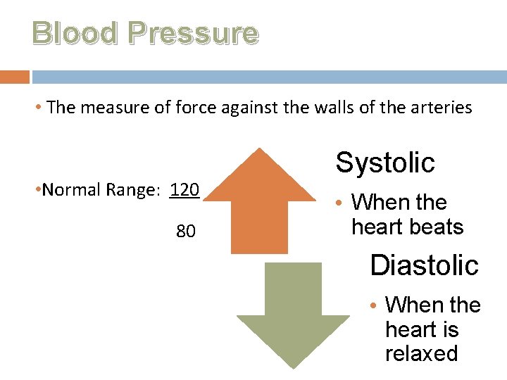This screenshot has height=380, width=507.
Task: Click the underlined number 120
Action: point(185,190)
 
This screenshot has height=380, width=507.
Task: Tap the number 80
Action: point(186,232)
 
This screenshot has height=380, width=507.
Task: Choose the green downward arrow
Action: point(293,313)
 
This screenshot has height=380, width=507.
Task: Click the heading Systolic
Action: point(385,163)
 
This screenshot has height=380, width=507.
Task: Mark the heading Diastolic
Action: point(424,265)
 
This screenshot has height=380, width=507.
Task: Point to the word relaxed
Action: point(421,353)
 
